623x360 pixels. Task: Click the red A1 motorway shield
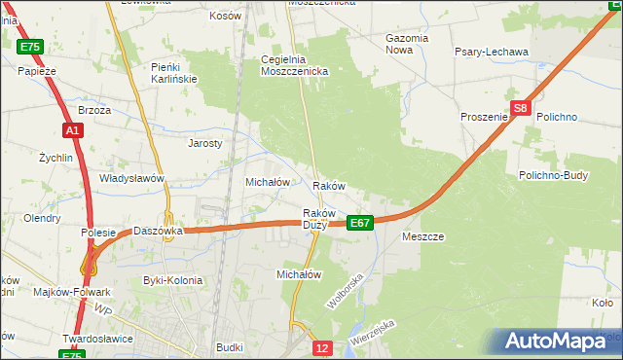pyautogui.click(x=72, y=129)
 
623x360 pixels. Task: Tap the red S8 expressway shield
pyautogui.click(x=521, y=109)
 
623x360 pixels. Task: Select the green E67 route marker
pyautogui.click(x=360, y=223)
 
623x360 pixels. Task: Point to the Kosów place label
pyautogui.click(x=225, y=17)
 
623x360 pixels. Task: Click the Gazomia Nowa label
pyautogui.click(x=407, y=44)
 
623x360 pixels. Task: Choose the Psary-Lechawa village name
pyautogui.click(x=491, y=52)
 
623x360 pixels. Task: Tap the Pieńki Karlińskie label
pyautogui.click(x=174, y=72)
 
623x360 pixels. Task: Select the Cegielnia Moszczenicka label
pyautogui.click(x=296, y=65)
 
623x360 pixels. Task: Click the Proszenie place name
pyautogui.click(x=485, y=117)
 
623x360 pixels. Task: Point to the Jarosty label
pyautogui.click(x=205, y=143)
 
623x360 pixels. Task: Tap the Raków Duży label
pyautogui.click(x=319, y=219)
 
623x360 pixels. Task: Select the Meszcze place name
pyautogui.click(x=422, y=236)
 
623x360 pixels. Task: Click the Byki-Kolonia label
pyautogui.click(x=172, y=280)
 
